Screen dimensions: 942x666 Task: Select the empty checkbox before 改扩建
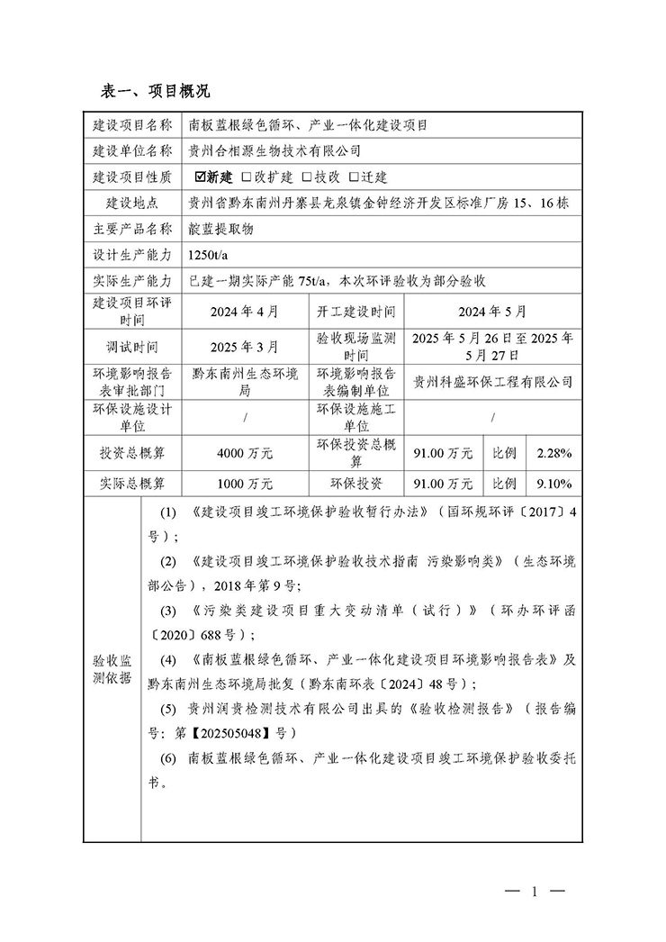click(x=247, y=177)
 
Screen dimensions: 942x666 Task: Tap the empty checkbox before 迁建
click(x=354, y=177)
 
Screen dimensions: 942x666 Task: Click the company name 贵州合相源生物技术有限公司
click(x=274, y=150)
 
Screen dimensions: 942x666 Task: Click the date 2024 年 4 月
click(x=244, y=312)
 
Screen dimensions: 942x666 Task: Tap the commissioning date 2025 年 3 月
click(x=244, y=346)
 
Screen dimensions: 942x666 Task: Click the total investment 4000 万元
click(x=244, y=452)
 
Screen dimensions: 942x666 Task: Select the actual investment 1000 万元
click(x=244, y=484)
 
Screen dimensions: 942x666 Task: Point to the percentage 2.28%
click(x=553, y=452)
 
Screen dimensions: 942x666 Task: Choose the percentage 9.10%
click(x=553, y=484)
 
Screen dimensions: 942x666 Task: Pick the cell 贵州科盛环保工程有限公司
click(x=491, y=382)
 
